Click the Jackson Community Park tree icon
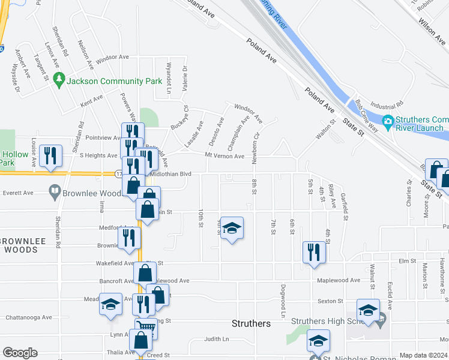point(59,79)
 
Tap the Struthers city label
point(251,323)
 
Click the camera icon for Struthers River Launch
point(388,121)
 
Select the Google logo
point(20,353)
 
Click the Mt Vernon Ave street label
point(224,157)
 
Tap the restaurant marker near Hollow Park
point(50,155)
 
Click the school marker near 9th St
point(232,228)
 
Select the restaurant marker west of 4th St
point(314,252)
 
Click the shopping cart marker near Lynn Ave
point(145,328)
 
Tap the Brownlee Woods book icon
point(55,193)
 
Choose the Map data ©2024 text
point(423,355)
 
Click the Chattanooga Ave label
point(28,318)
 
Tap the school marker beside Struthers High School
point(368,310)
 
